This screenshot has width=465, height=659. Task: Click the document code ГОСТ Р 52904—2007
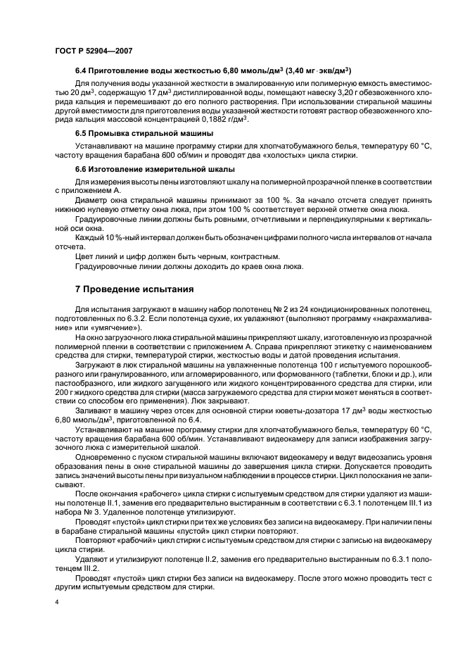[x=93, y=50]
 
